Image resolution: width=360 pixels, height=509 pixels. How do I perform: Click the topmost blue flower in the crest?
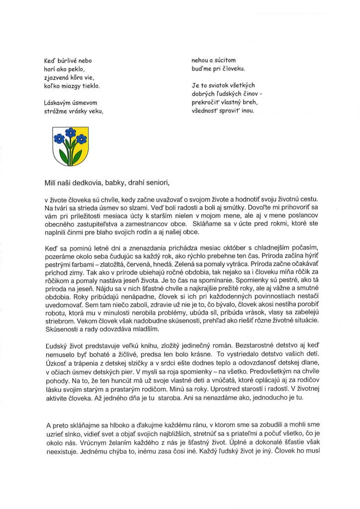click(69, 132)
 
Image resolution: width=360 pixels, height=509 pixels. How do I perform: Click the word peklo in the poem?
click(77, 69)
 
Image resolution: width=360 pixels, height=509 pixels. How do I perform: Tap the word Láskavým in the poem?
click(58, 103)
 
